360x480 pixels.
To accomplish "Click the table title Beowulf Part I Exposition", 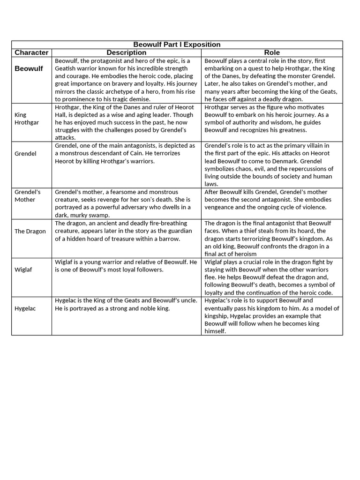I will point(177,45).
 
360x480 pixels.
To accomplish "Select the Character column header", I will point(31,52).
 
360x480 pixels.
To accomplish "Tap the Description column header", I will point(127,52).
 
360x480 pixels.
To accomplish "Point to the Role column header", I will point(272,52).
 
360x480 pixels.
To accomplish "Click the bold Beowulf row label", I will point(29,68).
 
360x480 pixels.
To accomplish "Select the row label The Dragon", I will point(30,231).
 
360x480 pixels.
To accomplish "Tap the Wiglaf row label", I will point(23,270).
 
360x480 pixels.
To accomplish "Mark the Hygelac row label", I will point(25,308).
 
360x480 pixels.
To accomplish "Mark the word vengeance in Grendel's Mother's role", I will point(220,207).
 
